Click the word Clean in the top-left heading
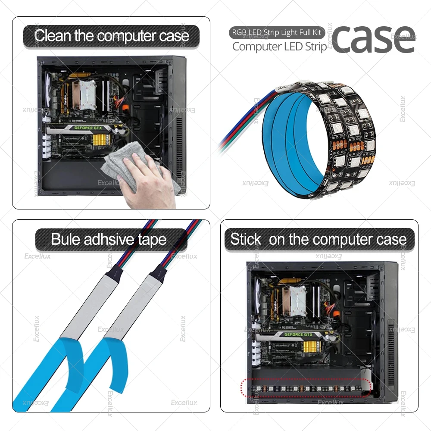point(53,35)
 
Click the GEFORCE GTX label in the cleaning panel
point(88,128)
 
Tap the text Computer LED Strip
point(279,47)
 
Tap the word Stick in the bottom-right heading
point(246,239)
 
